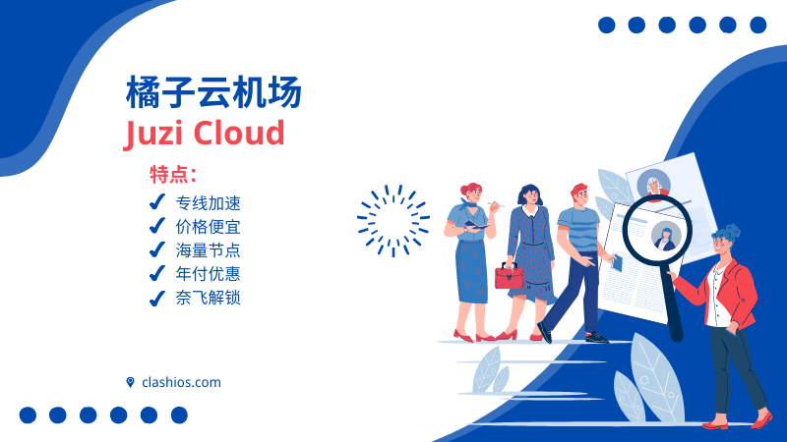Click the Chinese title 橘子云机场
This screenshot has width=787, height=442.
pyautogui.click(x=213, y=93)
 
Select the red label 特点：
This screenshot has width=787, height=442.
pyautogui.click(x=173, y=176)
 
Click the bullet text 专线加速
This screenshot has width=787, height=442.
pyautogui.click(x=208, y=203)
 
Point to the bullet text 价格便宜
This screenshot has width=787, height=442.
pyautogui.click(x=208, y=227)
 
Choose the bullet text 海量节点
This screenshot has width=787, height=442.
pyautogui.click(x=208, y=250)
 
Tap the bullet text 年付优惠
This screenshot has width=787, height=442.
pyautogui.click(x=208, y=274)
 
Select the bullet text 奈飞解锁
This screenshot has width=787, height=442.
pyautogui.click(x=208, y=298)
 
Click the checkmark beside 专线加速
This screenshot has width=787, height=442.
pyautogui.click(x=155, y=202)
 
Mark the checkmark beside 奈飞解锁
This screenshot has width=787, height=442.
pyautogui.click(x=155, y=298)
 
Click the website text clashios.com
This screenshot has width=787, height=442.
pyautogui.click(x=181, y=382)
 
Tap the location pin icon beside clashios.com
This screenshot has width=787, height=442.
pyautogui.click(x=130, y=382)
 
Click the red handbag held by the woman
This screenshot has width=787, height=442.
pyautogui.click(x=510, y=276)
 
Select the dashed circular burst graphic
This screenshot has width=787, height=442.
pyautogui.click(x=393, y=220)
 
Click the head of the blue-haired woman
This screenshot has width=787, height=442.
pyautogui.click(x=725, y=243)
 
